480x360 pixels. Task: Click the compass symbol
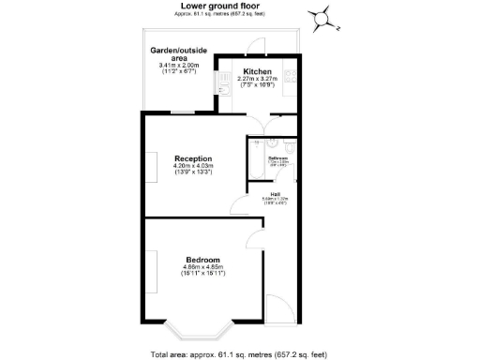pyautogui.click(x=322, y=16)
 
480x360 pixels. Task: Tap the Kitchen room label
pyautogui.click(x=258, y=70)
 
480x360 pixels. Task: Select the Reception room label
pyautogui.click(x=193, y=158)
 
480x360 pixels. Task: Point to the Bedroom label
pyautogui.click(x=202, y=260)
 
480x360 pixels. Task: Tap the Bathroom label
pyautogui.click(x=277, y=158)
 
